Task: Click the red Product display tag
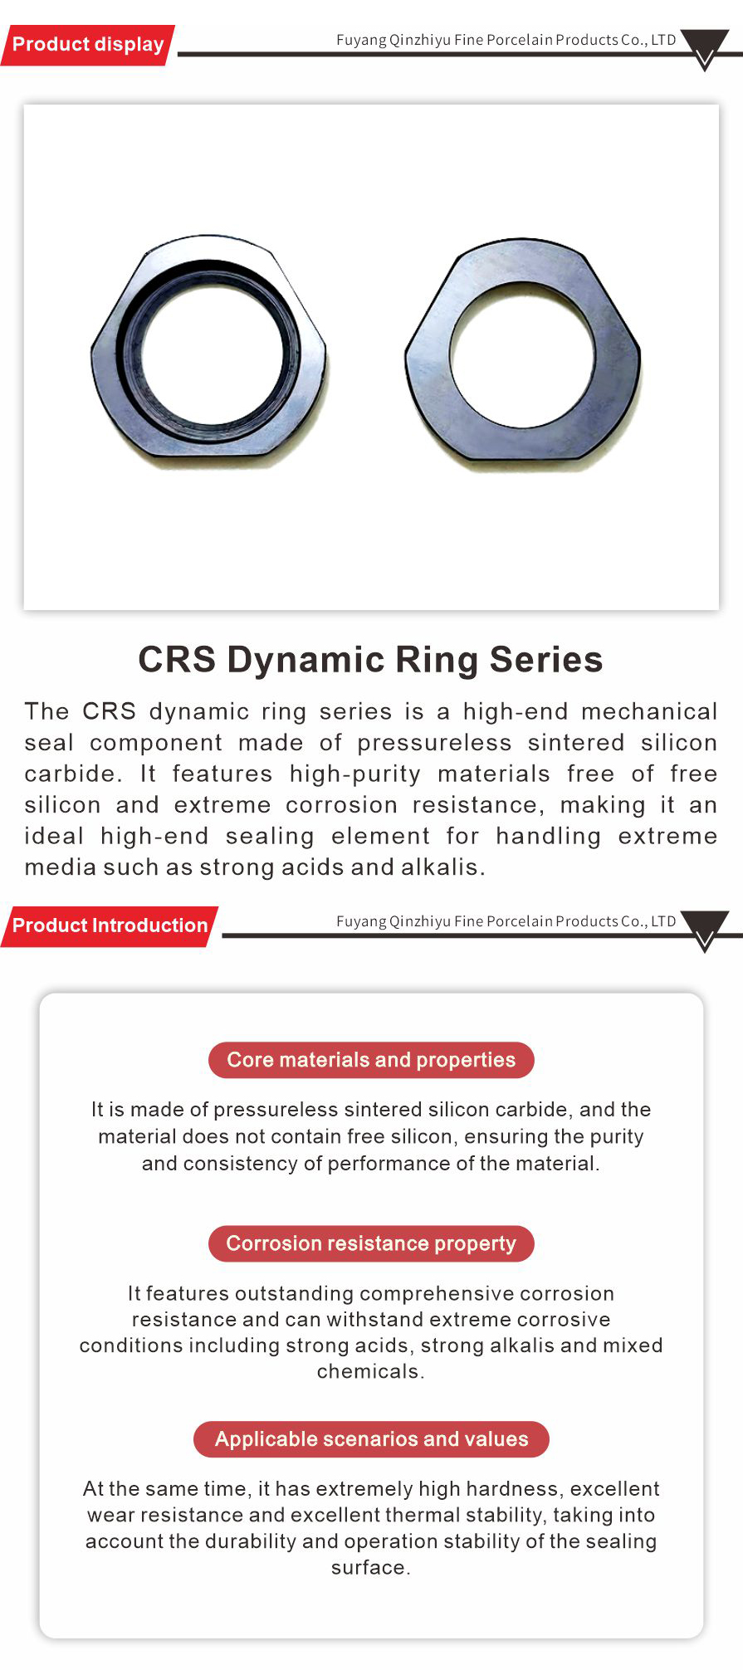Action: click(x=88, y=45)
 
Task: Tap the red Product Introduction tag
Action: click(x=110, y=926)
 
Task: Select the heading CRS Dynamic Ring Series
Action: click(x=370, y=660)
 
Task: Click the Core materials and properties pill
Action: click(x=371, y=1060)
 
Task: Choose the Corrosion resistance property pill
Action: click(x=371, y=1243)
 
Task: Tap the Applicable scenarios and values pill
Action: click(x=371, y=1439)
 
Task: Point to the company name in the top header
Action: click(x=506, y=40)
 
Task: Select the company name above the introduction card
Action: click(x=506, y=921)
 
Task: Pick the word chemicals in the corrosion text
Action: click(x=370, y=1371)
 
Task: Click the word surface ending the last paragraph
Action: click(x=370, y=1568)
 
